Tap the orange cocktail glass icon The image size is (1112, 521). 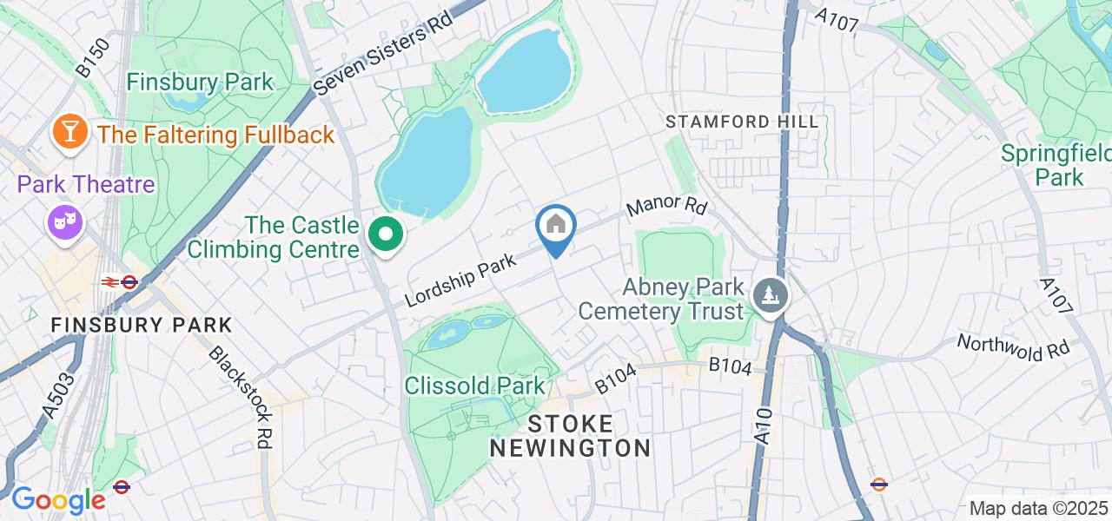coord(69,132)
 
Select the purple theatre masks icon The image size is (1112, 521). coord(65,222)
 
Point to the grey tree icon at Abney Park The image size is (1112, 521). coord(770,295)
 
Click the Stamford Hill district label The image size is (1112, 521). coord(742,122)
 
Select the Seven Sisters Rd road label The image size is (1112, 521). coord(384,54)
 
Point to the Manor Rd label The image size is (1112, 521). coord(666,207)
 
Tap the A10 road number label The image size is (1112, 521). coord(763,428)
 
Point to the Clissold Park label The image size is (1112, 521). coord(475,386)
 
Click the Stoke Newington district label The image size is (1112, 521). coord(570,436)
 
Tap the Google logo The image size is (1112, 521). coord(57,501)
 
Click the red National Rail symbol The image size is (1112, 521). coord(110,281)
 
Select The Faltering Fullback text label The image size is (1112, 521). coord(215,135)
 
